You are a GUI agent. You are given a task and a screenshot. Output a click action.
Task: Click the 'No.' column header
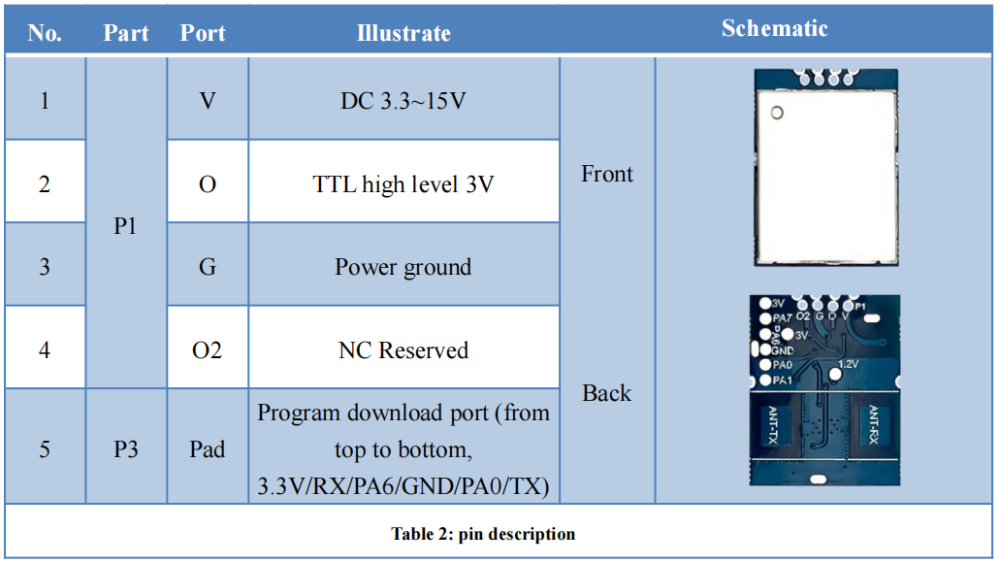45,33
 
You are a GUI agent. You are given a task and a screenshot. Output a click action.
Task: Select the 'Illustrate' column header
403,33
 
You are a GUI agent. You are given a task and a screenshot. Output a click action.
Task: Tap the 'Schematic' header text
774,28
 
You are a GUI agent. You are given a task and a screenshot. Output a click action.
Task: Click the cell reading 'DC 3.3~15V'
403,100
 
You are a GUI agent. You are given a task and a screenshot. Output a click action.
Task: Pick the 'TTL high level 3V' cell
403,183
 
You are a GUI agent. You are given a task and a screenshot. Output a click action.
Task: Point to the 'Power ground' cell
403,267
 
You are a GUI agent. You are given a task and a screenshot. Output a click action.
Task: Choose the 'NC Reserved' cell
403,350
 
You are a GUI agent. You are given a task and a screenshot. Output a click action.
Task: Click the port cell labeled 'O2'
208,350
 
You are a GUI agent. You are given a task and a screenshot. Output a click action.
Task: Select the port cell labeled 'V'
208,100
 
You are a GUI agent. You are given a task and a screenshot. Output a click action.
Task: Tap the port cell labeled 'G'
208,267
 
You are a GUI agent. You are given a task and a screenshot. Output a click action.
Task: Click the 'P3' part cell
125,449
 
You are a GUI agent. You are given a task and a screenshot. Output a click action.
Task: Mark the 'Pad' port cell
208,449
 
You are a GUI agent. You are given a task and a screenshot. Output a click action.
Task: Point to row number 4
45,350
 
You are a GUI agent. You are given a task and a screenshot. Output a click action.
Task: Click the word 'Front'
607,174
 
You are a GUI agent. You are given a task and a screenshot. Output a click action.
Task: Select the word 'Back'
607,393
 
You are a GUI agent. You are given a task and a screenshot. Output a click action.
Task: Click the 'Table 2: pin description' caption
483,534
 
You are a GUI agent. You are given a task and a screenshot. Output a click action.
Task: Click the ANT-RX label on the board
873,425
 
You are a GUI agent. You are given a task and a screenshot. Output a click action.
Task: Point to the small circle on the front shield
776,114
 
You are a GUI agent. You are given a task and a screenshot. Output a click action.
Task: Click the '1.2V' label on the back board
848,364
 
